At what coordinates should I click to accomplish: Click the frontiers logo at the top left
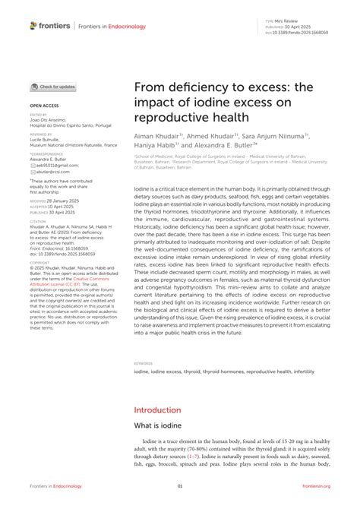point(50,25)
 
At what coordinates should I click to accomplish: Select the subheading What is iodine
point(162,427)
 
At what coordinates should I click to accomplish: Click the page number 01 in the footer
point(180,485)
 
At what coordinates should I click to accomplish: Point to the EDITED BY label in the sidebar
point(38,115)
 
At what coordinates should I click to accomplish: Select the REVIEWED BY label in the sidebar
point(41,133)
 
